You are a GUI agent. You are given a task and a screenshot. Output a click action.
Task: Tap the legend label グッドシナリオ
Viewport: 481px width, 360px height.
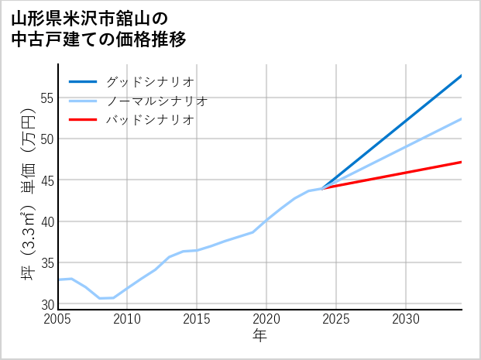click(149, 81)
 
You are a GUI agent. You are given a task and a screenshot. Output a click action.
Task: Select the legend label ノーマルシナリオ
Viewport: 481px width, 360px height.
click(156, 101)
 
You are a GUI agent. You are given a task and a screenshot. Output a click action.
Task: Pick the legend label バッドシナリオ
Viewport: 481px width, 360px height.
click(149, 120)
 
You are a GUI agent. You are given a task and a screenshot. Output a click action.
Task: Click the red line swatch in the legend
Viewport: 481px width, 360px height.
click(83, 120)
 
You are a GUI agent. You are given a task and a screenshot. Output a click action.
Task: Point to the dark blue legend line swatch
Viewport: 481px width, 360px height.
click(83, 81)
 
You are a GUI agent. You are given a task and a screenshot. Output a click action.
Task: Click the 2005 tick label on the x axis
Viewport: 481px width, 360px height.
click(58, 319)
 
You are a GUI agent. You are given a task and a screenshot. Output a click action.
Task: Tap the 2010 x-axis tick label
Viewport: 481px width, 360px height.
click(127, 319)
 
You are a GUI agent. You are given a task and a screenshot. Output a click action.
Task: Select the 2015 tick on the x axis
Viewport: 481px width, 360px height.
click(197, 319)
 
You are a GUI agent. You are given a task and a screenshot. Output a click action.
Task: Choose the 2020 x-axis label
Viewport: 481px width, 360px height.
click(266, 319)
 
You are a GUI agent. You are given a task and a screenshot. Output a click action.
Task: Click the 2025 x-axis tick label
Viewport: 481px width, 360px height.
click(336, 319)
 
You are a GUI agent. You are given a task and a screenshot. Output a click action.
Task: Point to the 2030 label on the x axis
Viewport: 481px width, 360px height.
click(406, 319)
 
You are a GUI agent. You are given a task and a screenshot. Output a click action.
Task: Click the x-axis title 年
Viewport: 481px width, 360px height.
click(260, 335)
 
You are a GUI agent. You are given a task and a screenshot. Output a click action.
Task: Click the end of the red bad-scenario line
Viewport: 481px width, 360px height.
click(462, 162)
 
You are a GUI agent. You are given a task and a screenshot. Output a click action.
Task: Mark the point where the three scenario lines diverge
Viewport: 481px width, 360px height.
click(322, 188)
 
